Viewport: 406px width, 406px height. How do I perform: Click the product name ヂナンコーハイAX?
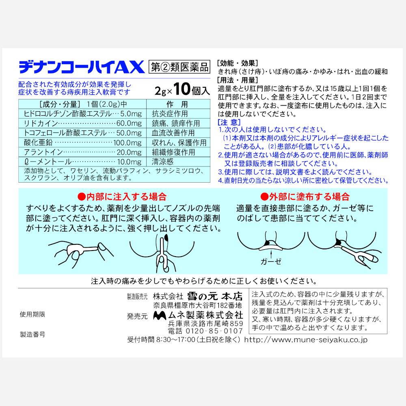coord(82,67)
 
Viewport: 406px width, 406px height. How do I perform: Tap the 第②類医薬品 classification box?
coord(179,67)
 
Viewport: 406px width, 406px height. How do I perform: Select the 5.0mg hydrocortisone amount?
coord(131,114)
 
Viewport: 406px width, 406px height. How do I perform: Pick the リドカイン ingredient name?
coord(41,123)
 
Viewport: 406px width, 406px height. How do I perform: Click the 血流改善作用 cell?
coord(173,133)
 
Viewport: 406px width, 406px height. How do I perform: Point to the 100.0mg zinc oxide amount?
coord(127,143)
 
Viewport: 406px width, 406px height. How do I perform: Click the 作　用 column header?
coord(177,104)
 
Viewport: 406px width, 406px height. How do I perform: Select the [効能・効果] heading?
coord(238,63)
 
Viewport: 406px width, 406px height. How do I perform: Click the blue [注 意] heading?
coord(229,122)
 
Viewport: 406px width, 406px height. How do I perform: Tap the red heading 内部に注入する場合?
coord(122,197)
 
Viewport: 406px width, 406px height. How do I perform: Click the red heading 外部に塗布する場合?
coord(305,197)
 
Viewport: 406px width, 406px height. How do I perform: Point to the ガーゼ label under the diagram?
coord(271,261)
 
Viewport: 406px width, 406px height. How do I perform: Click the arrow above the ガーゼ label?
coord(271,253)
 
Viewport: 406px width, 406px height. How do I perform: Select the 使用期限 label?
coord(32,314)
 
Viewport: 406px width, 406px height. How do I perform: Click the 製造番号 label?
coord(32,334)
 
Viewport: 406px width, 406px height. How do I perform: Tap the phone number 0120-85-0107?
coord(214,331)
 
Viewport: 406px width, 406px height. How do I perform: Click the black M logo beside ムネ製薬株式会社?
coord(160,315)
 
